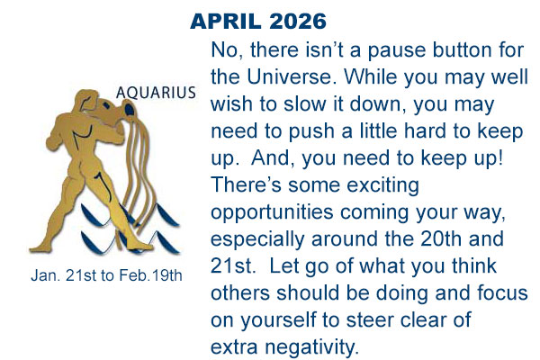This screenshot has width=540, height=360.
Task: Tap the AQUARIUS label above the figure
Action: [156, 93]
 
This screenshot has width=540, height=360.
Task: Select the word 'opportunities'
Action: [263, 212]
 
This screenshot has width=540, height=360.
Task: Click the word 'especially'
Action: [255, 239]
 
